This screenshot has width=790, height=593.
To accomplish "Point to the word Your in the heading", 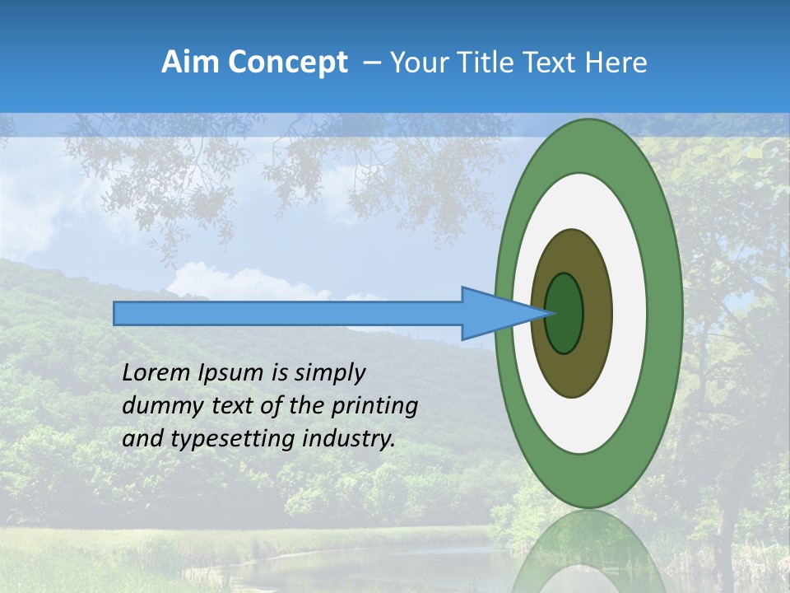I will coord(419,63).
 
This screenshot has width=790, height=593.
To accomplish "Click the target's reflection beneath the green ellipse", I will coord(588,552).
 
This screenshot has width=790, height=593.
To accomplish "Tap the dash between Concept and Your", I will coord(371,63).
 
